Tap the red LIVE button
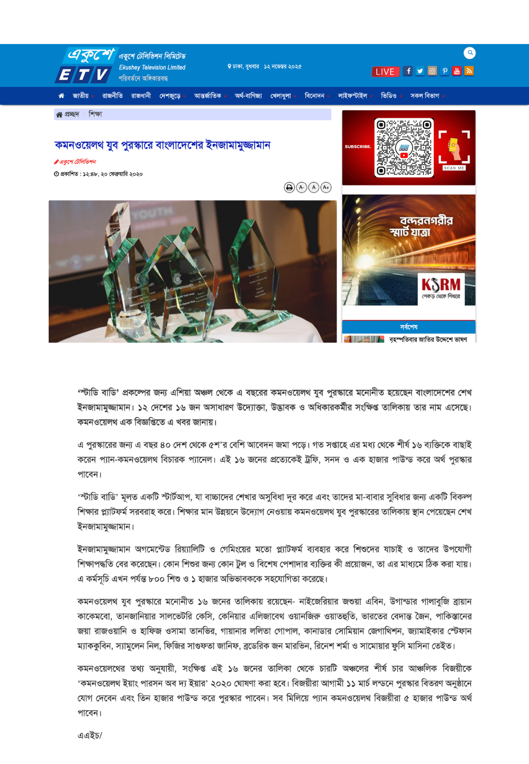[x=385, y=71]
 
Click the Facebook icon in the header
[x=408, y=71]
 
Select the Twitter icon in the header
[x=420, y=71]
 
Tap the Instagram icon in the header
[x=432, y=71]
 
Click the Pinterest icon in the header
[x=445, y=71]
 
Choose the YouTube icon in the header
[x=457, y=71]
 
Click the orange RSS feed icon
[x=469, y=71]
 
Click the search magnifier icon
[x=469, y=53]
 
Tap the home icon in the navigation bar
[x=61, y=96]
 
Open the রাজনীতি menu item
[x=112, y=96]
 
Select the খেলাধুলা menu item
[x=281, y=96]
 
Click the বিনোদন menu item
[x=315, y=96]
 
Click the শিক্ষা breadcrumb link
[x=95, y=114]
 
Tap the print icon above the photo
[x=289, y=187]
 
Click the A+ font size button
[x=326, y=187]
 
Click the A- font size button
[x=302, y=187]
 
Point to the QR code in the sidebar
[x=404, y=148]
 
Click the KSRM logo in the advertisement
[x=441, y=286]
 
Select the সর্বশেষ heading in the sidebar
[x=408, y=327]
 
